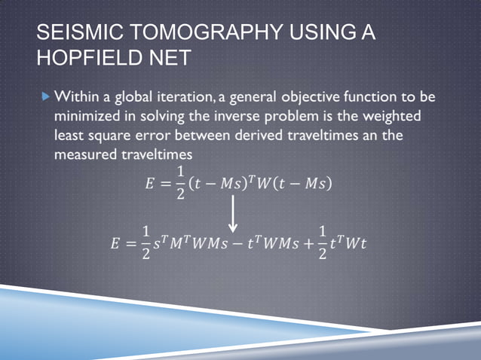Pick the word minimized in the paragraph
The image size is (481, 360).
87,117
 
